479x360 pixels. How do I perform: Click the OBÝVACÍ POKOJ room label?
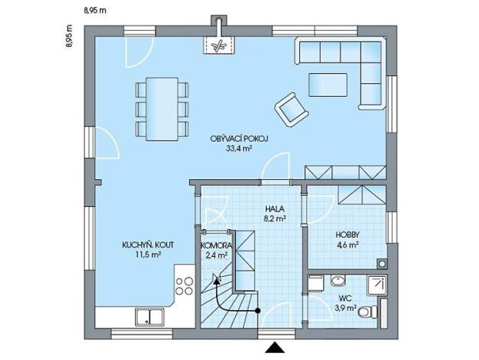click(x=239, y=138)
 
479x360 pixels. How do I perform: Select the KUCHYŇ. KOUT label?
click(x=148, y=245)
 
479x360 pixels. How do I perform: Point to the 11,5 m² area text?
click(x=147, y=255)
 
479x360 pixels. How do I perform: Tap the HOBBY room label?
click(x=348, y=236)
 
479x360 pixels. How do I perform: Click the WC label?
click(x=347, y=297)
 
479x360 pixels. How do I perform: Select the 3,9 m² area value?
click(x=347, y=308)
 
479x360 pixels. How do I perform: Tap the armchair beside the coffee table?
click(x=291, y=108)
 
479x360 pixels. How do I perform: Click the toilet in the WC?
click(x=372, y=312)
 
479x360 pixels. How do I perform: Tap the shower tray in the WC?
click(x=378, y=285)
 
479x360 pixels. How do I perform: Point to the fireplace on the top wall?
click(x=221, y=42)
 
